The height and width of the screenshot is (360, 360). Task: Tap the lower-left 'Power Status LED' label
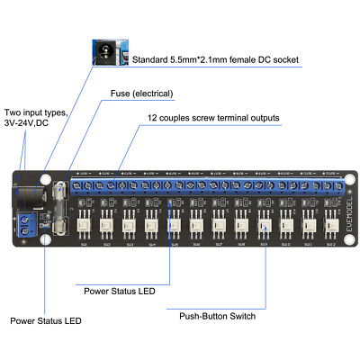(x=46, y=319)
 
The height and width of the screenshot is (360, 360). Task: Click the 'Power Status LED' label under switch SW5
(x=119, y=291)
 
